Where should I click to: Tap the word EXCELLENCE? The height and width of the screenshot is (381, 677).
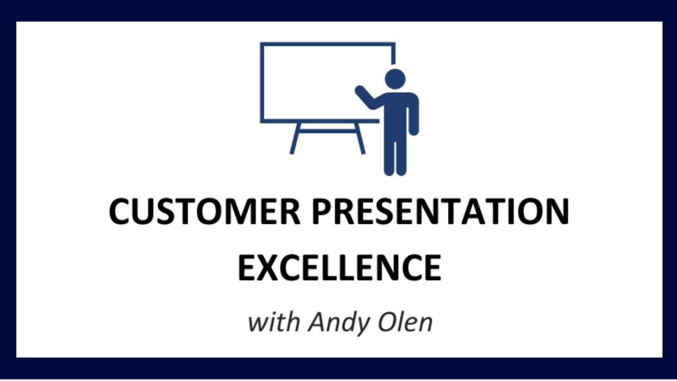[339, 268]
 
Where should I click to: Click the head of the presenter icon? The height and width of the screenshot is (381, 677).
[395, 78]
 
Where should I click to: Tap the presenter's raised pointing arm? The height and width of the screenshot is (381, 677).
[368, 98]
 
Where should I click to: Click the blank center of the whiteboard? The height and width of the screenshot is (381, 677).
[317, 82]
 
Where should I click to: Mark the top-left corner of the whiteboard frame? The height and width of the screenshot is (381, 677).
[262, 44]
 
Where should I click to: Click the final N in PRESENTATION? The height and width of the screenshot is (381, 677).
[556, 211]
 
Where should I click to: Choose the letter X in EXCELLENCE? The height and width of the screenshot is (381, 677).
[269, 268]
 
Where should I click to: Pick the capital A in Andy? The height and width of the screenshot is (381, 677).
[316, 322]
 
